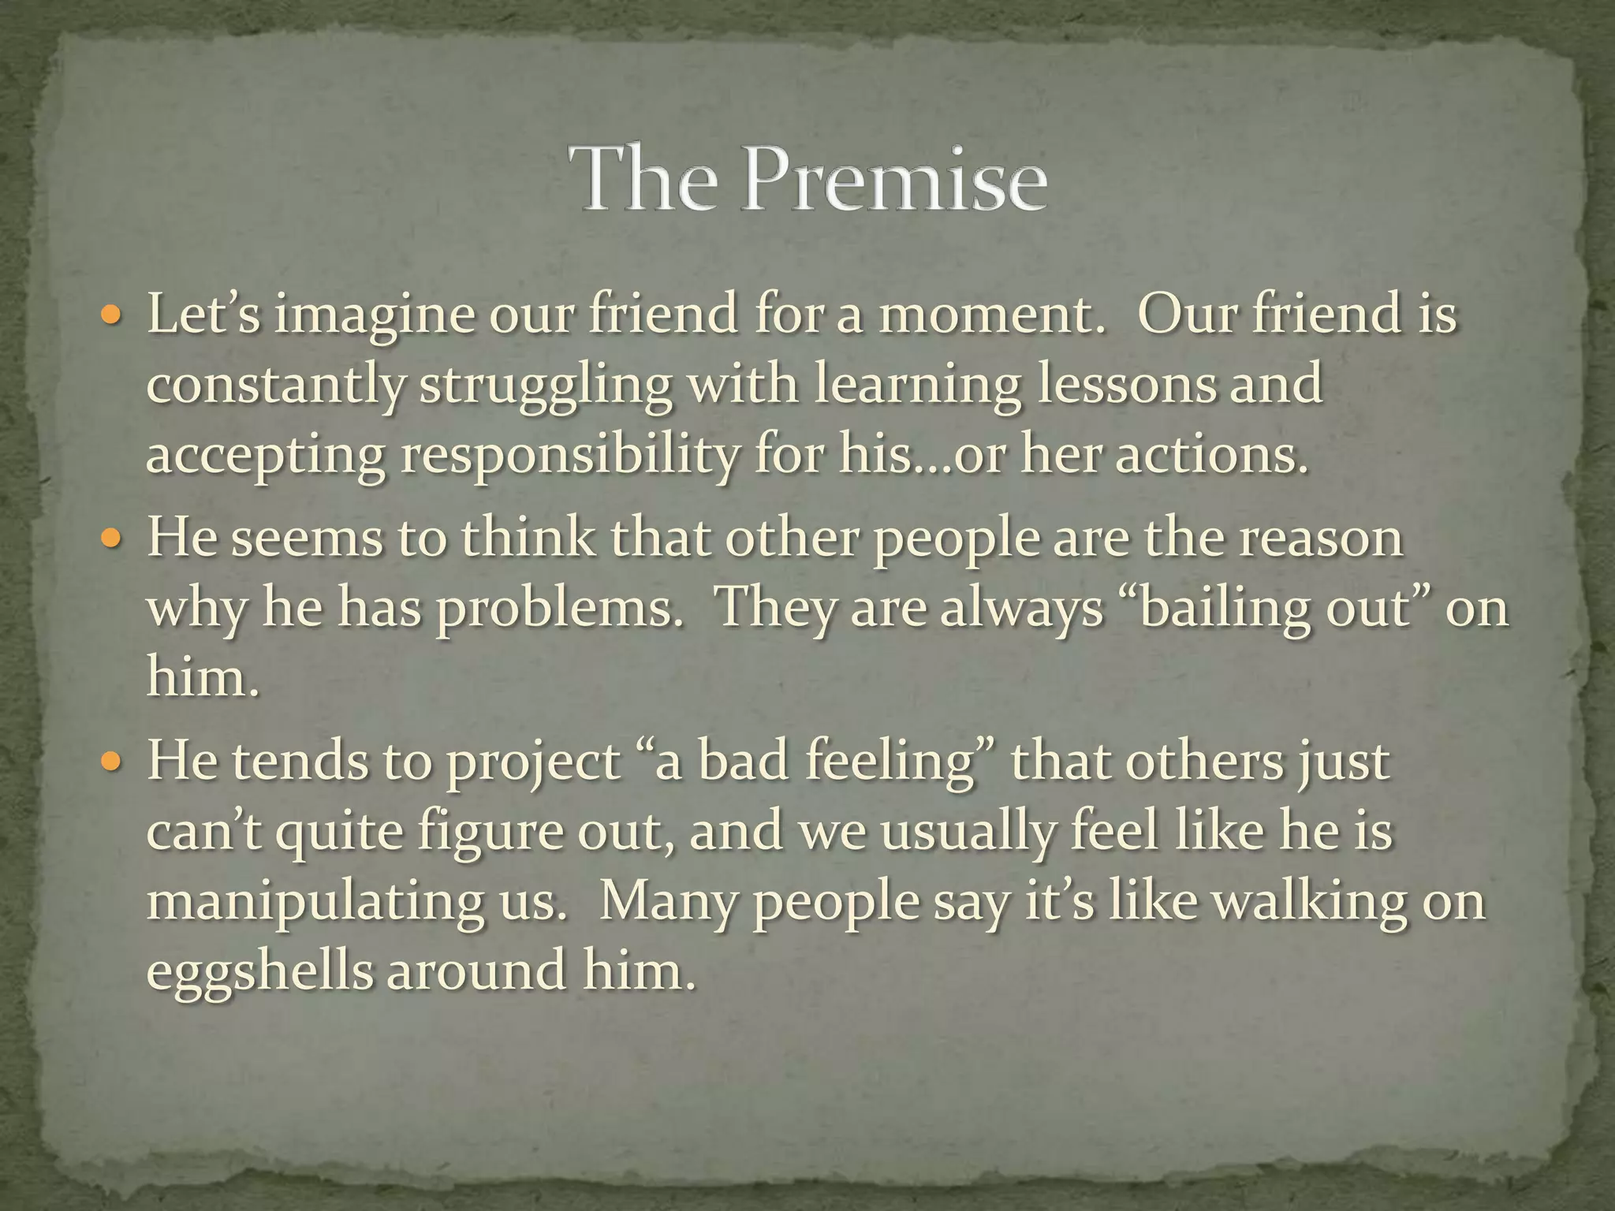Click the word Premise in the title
[895, 179]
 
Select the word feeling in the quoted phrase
[891, 763]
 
